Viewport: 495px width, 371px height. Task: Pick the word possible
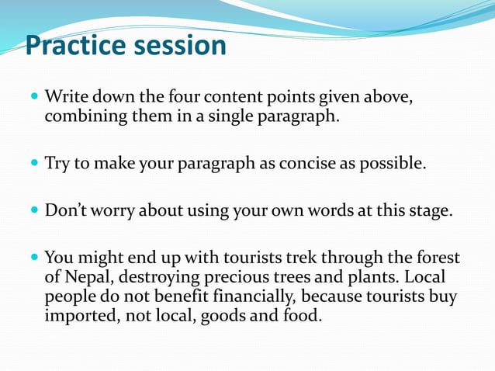[393, 165]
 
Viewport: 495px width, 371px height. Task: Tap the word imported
[78, 316]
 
